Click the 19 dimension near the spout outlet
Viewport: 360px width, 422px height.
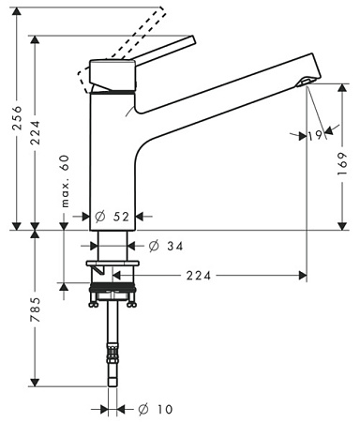click(x=315, y=136)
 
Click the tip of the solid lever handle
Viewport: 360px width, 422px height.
click(x=190, y=41)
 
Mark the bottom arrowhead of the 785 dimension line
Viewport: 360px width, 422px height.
click(x=35, y=382)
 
